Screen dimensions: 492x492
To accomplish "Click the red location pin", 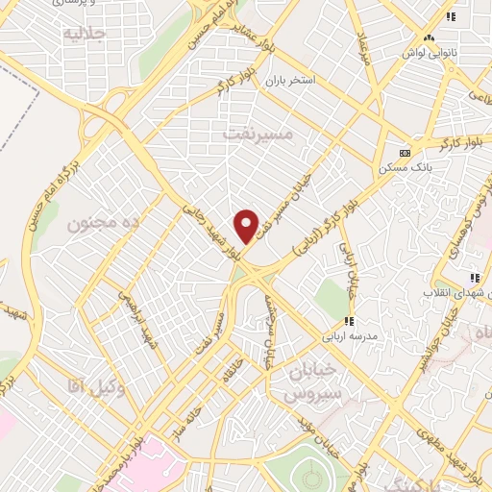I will (x=247, y=225).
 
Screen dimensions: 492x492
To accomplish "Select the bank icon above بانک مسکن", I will (x=405, y=152).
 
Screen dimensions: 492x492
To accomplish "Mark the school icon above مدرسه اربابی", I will (x=349, y=320).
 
